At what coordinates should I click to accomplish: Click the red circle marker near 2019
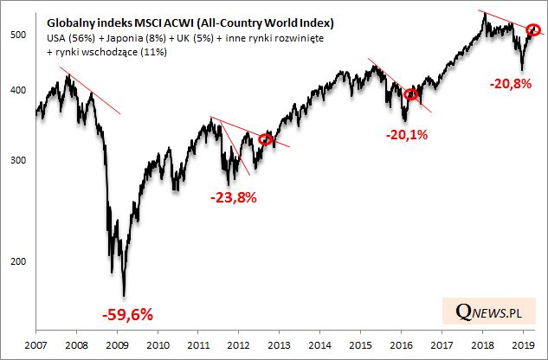coord(533,30)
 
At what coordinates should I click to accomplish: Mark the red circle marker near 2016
coord(411,94)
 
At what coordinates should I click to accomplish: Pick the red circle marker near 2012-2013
coord(266,138)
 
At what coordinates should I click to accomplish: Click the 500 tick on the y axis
coord(19,35)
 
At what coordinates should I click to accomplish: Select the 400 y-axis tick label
coord(19,91)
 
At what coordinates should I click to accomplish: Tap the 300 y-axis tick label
coord(19,161)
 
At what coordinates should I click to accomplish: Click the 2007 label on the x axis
coord(35,344)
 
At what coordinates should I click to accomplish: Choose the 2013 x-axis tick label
coord(280,344)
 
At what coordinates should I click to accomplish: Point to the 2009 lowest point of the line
coord(125,296)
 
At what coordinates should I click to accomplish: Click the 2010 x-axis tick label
coord(158,344)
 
